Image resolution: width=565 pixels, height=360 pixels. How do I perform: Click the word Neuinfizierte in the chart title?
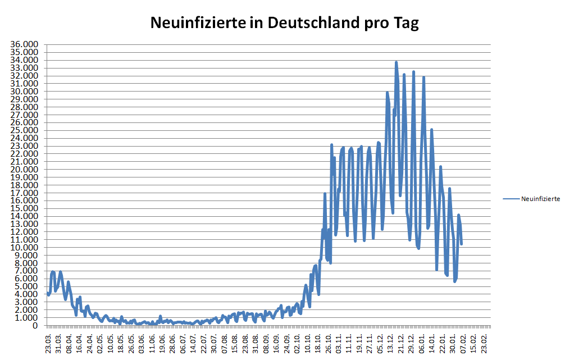coord(198,23)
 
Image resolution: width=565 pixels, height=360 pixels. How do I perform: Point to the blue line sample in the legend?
coord(511,199)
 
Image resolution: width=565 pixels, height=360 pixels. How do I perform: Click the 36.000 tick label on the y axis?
coord(26,44)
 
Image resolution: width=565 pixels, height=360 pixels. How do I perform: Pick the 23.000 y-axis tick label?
coord(26,146)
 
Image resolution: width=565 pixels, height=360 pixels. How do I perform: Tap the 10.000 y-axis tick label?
coord(26,248)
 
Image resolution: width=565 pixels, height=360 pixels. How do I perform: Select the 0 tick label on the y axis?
coord(35,326)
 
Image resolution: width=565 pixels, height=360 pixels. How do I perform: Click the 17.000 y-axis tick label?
coord(26,193)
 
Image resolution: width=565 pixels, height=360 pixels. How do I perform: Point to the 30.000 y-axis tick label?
coord(26,92)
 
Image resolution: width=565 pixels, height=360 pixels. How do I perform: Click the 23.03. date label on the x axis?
coord(49,341)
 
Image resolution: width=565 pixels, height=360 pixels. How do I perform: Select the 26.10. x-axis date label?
coord(329,341)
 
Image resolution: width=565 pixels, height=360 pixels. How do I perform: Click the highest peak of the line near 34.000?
coord(396,62)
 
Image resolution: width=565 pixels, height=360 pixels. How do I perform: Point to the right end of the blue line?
coord(461,243)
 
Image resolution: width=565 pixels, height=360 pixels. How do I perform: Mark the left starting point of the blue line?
coord(48,293)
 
